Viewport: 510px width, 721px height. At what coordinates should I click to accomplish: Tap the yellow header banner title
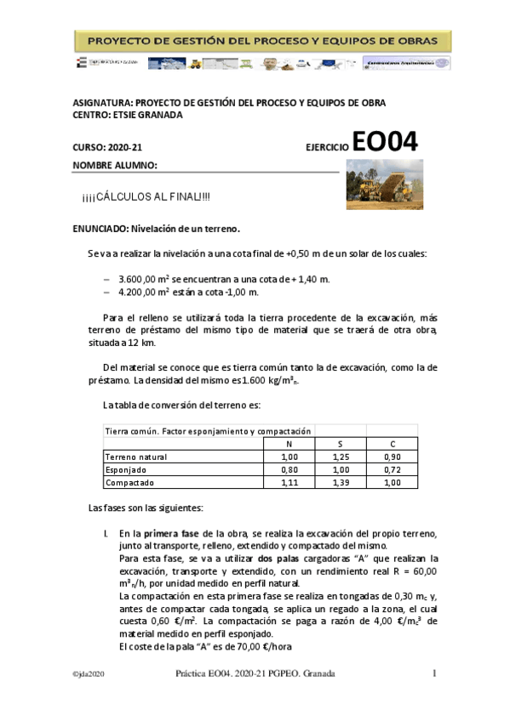[263, 41]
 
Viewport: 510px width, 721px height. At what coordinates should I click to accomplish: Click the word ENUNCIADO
[100, 229]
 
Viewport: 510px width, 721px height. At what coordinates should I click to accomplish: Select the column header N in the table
[288, 443]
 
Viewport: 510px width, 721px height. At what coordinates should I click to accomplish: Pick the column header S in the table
[341, 443]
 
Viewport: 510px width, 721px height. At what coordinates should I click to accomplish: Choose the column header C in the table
[393, 443]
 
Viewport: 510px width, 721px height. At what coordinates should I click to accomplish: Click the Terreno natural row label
[136, 457]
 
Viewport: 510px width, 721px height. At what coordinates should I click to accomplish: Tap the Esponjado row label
[126, 469]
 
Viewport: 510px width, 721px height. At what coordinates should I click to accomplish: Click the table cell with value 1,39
[341, 483]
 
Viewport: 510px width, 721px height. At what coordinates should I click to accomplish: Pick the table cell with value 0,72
[393, 469]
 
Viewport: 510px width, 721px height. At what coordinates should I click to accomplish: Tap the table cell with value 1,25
[341, 457]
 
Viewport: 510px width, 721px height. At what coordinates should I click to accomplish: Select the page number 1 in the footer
[433, 673]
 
